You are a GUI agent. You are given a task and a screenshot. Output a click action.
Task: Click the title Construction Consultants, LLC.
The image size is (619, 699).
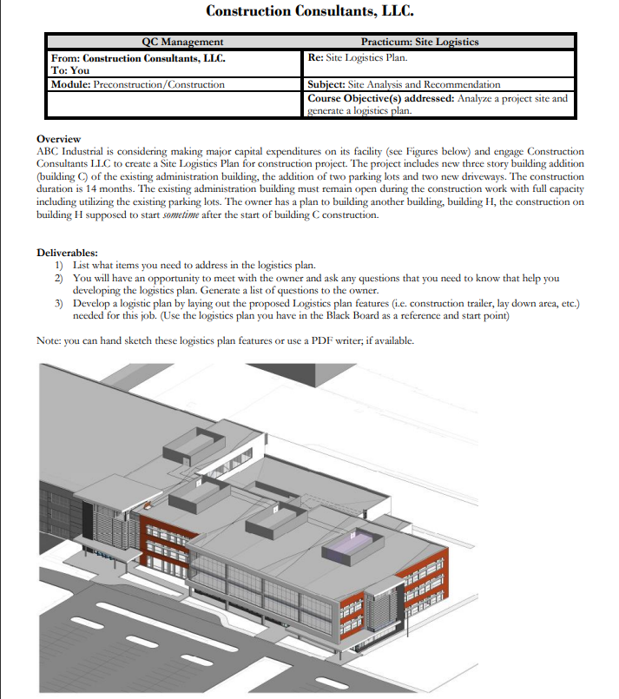pos(309,11)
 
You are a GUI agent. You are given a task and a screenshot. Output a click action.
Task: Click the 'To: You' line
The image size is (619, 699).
pos(70,70)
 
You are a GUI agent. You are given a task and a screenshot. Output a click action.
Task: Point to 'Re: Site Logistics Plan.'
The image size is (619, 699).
pos(357,58)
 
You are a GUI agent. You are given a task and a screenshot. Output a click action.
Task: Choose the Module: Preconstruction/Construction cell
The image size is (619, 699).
pos(138,84)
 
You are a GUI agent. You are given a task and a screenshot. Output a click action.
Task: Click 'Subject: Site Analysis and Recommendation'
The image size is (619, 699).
pos(404,84)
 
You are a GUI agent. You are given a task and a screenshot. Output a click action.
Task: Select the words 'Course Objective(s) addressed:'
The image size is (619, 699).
pos(381,97)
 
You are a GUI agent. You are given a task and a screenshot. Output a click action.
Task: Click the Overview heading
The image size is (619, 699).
pos(58,139)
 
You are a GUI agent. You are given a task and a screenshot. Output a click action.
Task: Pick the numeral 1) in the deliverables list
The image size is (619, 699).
pos(59,265)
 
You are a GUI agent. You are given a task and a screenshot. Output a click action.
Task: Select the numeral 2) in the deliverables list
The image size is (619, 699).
pos(59,278)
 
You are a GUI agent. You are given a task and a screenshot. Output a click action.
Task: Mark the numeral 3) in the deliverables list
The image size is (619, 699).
pos(59,304)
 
